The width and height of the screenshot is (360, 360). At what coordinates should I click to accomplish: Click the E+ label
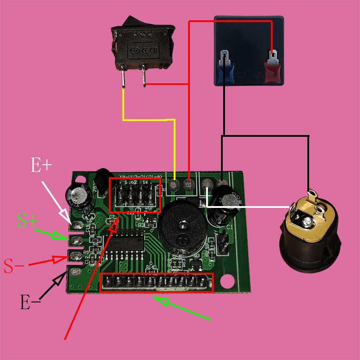pos(41,165)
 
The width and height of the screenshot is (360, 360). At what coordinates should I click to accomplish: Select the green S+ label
pos(27,220)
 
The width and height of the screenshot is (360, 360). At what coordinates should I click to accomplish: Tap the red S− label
pos(14,266)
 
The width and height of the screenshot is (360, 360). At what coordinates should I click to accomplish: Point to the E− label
pos(30,302)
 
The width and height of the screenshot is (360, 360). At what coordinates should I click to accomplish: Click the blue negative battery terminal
pos(225,67)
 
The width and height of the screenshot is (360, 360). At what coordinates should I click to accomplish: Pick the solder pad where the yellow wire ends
pos(174,184)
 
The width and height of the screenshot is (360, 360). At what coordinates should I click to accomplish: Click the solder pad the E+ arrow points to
pos(79,225)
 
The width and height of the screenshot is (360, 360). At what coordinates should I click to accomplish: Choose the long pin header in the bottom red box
pos(156,283)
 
